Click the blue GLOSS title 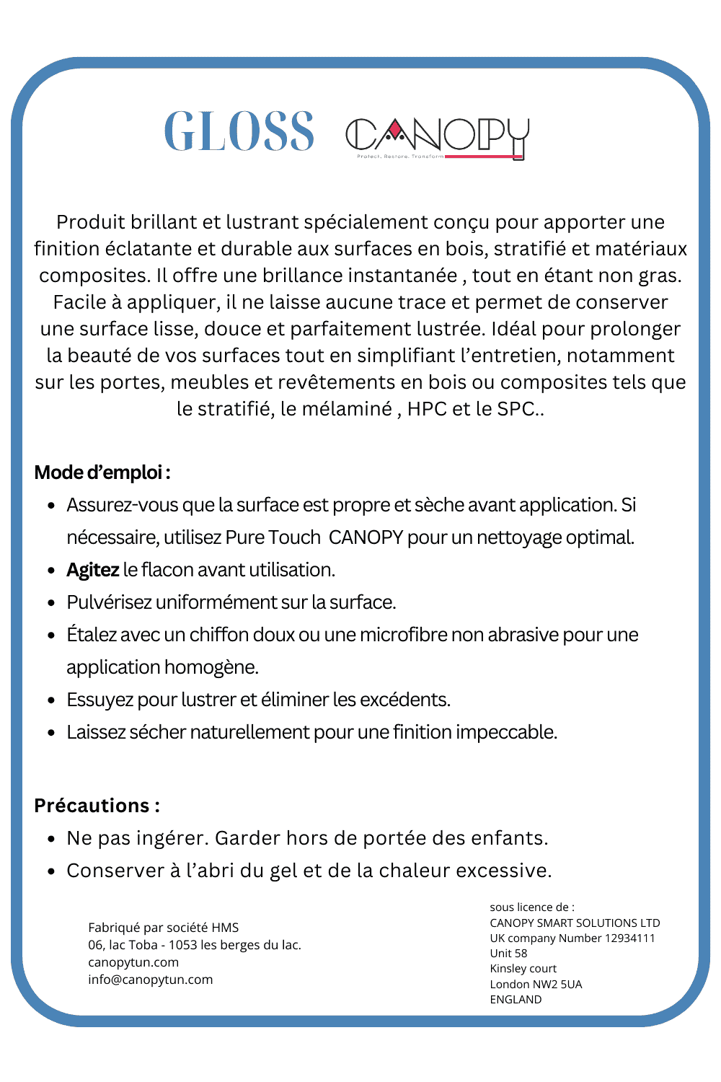pyautogui.click(x=239, y=132)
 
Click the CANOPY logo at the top pyautogui.click(x=437, y=137)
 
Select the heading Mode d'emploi pyautogui.click(x=102, y=472)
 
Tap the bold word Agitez pyautogui.click(x=92, y=570)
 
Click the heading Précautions pyautogui.click(x=97, y=805)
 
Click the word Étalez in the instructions pyautogui.click(x=92, y=635)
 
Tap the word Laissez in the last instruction pyautogui.click(x=96, y=732)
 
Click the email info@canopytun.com pyautogui.click(x=150, y=980)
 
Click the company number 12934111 pyautogui.click(x=629, y=938)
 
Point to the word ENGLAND pyautogui.click(x=516, y=999)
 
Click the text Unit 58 pyautogui.click(x=508, y=953)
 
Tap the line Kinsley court pyautogui.click(x=523, y=968)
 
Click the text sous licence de pyautogui.click(x=531, y=907)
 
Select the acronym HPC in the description pyautogui.click(x=427, y=409)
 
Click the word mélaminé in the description pyautogui.click(x=347, y=409)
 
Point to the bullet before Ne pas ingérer pyautogui.click(x=51, y=839)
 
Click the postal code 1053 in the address pyautogui.click(x=183, y=945)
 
